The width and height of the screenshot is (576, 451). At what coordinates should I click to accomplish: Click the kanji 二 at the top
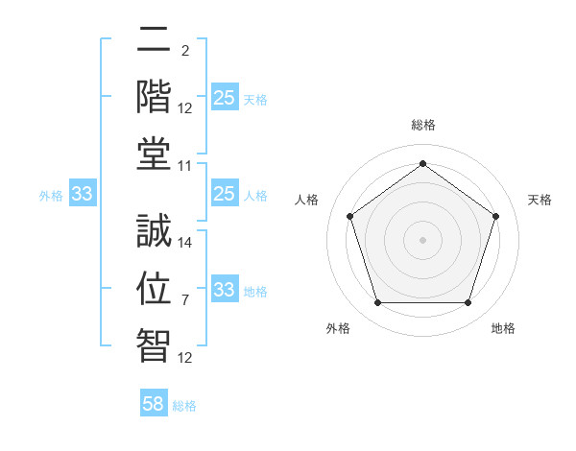[154, 41]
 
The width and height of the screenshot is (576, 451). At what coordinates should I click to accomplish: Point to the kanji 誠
[154, 233]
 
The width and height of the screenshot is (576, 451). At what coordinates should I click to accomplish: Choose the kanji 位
[154, 288]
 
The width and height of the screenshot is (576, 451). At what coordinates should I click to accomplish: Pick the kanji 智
[154, 343]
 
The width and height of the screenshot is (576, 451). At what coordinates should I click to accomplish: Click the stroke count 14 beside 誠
[185, 243]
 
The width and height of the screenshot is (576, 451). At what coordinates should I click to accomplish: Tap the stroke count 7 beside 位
[185, 300]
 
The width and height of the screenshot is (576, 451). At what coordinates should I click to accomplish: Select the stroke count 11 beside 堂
[185, 166]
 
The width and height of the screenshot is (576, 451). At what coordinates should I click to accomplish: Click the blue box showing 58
[154, 404]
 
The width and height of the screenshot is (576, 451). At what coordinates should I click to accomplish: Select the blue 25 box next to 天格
[224, 98]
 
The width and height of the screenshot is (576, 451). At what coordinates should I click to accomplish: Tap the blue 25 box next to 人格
[224, 195]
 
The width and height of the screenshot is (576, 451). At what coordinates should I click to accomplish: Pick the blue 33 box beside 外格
[82, 195]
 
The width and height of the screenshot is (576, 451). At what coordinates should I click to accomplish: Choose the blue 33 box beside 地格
[224, 290]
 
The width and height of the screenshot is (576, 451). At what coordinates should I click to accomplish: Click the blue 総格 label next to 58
[184, 406]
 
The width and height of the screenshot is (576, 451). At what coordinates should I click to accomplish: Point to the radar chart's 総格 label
[422, 125]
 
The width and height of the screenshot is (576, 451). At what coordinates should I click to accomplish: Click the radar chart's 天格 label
[540, 200]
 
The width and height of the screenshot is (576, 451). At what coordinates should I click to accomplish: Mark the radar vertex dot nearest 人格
[350, 216]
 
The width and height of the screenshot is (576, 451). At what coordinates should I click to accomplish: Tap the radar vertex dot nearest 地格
[468, 302]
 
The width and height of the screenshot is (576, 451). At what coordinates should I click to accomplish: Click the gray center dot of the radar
[422, 239]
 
